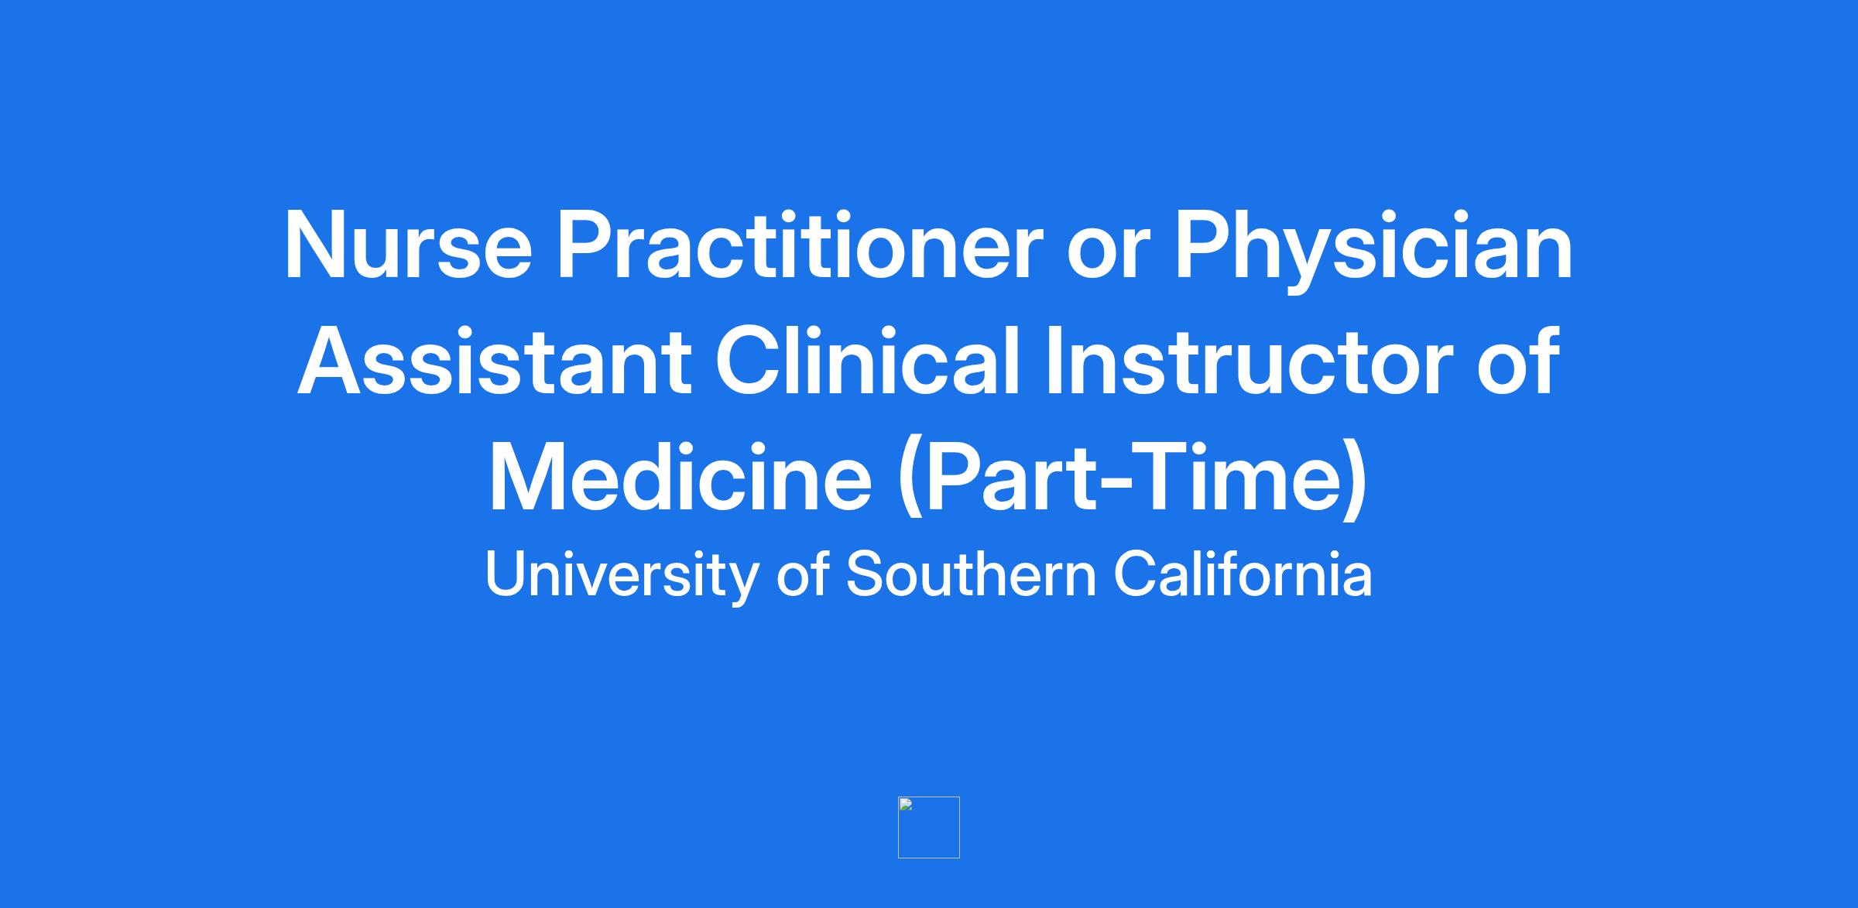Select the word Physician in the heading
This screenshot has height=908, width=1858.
click(x=1374, y=252)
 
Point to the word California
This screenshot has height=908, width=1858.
click(x=1243, y=574)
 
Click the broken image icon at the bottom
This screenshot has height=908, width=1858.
click(x=929, y=827)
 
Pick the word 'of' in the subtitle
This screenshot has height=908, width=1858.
click(x=803, y=574)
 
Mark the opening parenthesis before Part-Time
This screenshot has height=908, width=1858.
click(x=911, y=481)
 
